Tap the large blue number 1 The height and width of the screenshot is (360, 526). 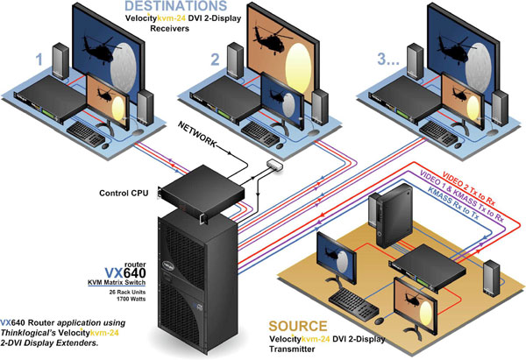pyautogui.click(x=38, y=60)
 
